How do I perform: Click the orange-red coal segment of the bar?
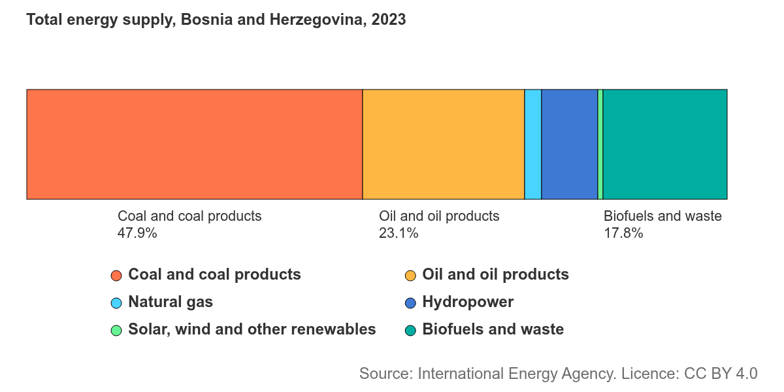[x=195, y=144]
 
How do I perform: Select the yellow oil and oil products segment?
[x=444, y=144]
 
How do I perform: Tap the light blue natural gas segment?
[x=533, y=144]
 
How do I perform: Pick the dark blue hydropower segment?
[x=570, y=144]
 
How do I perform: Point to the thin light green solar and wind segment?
[x=600, y=144]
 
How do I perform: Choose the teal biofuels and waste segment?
[x=665, y=144]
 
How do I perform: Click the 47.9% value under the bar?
[x=137, y=233]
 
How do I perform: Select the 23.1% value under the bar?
[x=399, y=233]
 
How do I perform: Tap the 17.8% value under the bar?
[x=624, y=233]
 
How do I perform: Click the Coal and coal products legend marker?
[x=116, y=276]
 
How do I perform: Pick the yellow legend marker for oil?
[x=410, y=276]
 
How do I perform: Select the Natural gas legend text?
[x=171, y=302]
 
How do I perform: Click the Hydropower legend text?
[x=468, y=302]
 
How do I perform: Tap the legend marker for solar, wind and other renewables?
[x=116, y=331]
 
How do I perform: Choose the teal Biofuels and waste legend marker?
[x=410, y=331]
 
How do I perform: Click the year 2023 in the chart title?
[x=389, y=19]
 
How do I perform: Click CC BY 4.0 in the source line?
[x=721, y=374]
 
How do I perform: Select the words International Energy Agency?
[x=517, y=374]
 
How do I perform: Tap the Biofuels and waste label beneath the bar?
[x=662, y=216]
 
